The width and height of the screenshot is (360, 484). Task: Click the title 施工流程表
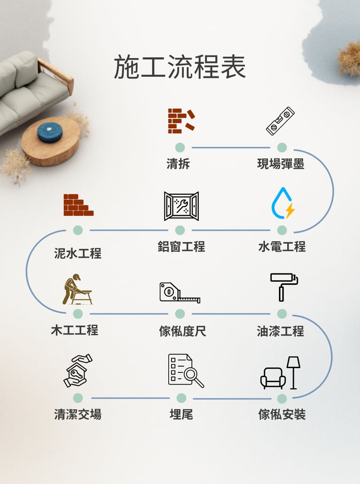(x=180, y=68)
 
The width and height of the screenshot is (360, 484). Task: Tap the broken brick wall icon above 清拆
(x=181, y=121)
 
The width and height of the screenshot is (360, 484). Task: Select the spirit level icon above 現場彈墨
(x=280, y=121)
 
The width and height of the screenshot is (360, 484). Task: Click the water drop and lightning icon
(x=283, y=204)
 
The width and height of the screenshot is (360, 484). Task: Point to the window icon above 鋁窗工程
(x=181, y=206)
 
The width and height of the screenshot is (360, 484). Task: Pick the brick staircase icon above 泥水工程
(x=78, y=205)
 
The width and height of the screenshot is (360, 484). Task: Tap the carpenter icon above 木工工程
(x=77, y=289)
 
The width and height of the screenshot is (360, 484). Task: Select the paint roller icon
(x=283, y=286)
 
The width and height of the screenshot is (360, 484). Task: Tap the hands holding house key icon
(x=77, y=371)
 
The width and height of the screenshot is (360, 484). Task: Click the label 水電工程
(x=282, y=246)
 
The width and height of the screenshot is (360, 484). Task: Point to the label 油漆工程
(x=280, y=331)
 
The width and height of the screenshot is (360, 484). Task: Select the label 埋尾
(x=181, y=415)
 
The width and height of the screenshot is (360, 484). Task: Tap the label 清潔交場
(x=77, y=415)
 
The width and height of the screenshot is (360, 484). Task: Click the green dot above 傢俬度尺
(x=180, y=314)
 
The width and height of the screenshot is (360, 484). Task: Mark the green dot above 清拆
(x=180, y=148)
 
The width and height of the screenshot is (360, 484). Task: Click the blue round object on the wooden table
(x=50, y=132)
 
